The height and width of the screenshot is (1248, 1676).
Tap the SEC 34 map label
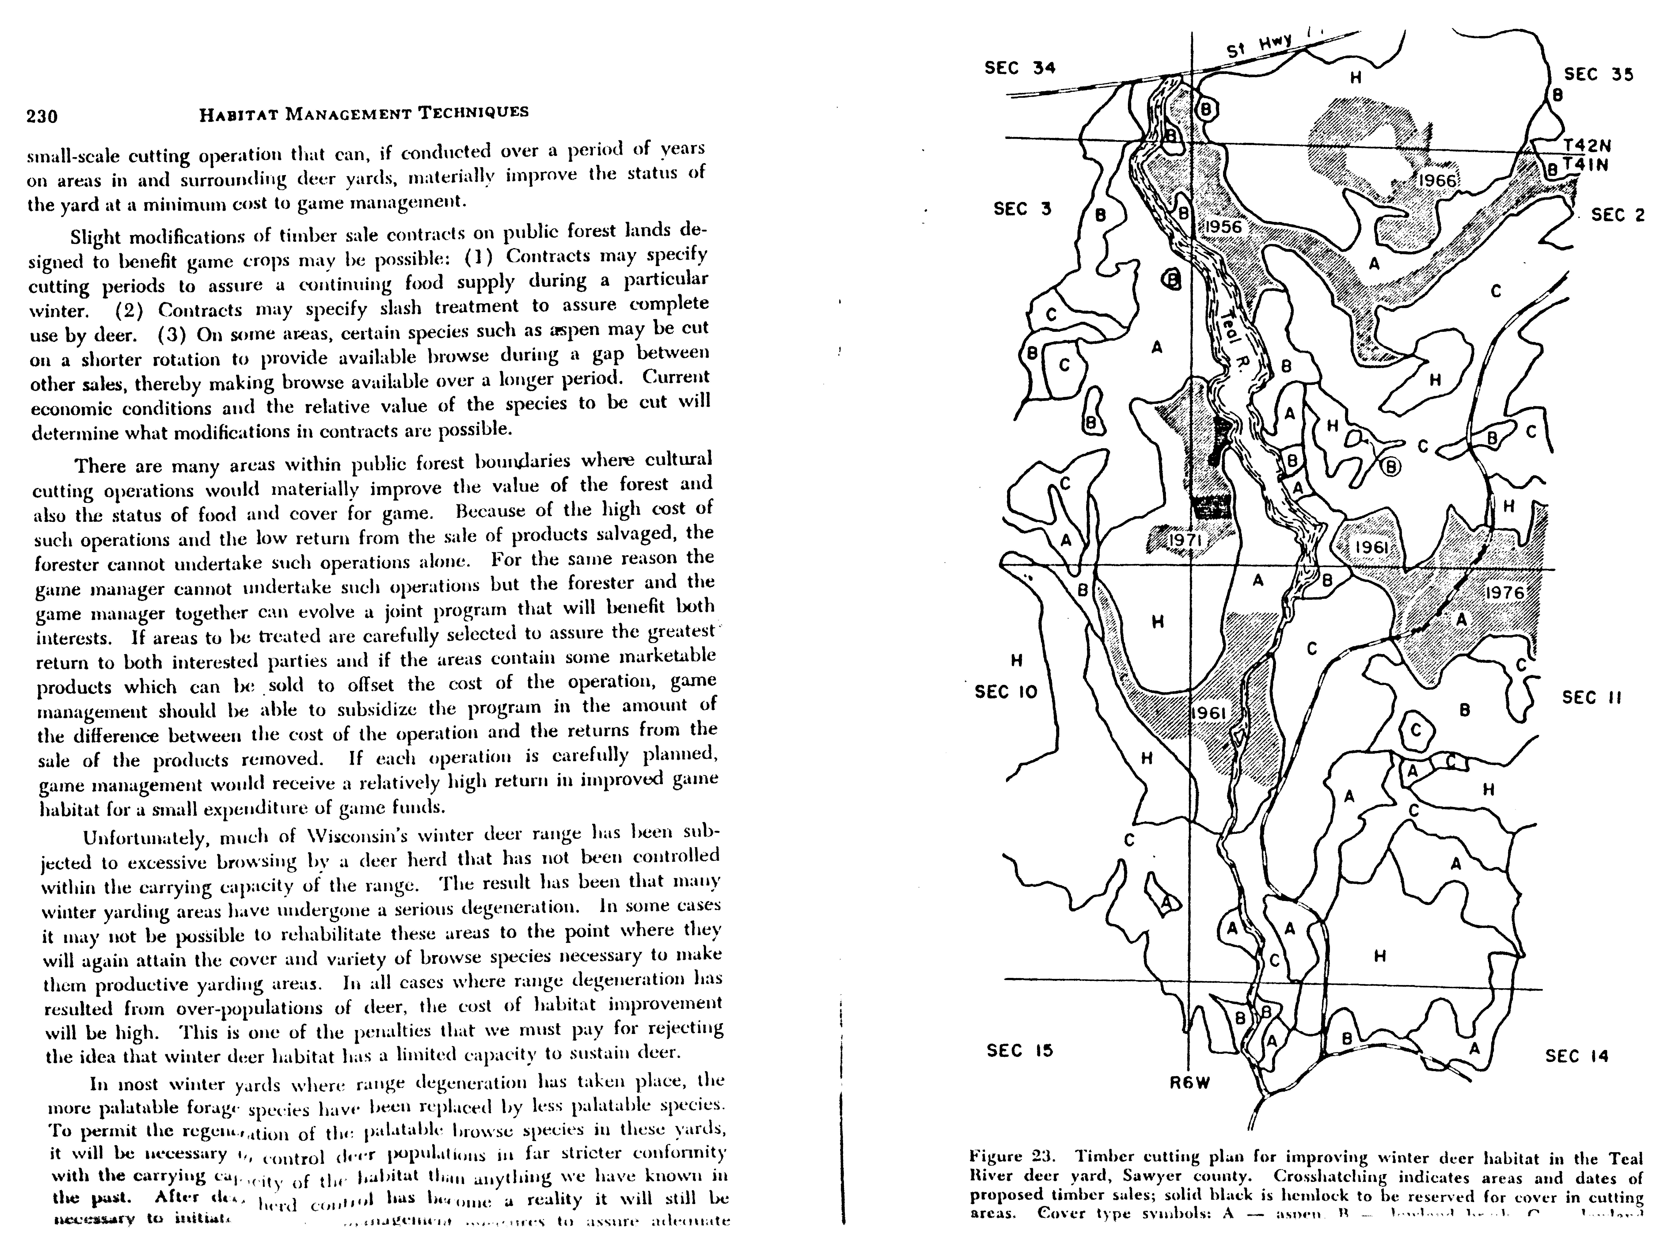pyautogui.click(x=1020, y=68)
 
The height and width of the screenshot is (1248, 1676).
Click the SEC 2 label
pyautogui.click(x=1618, y=215)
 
